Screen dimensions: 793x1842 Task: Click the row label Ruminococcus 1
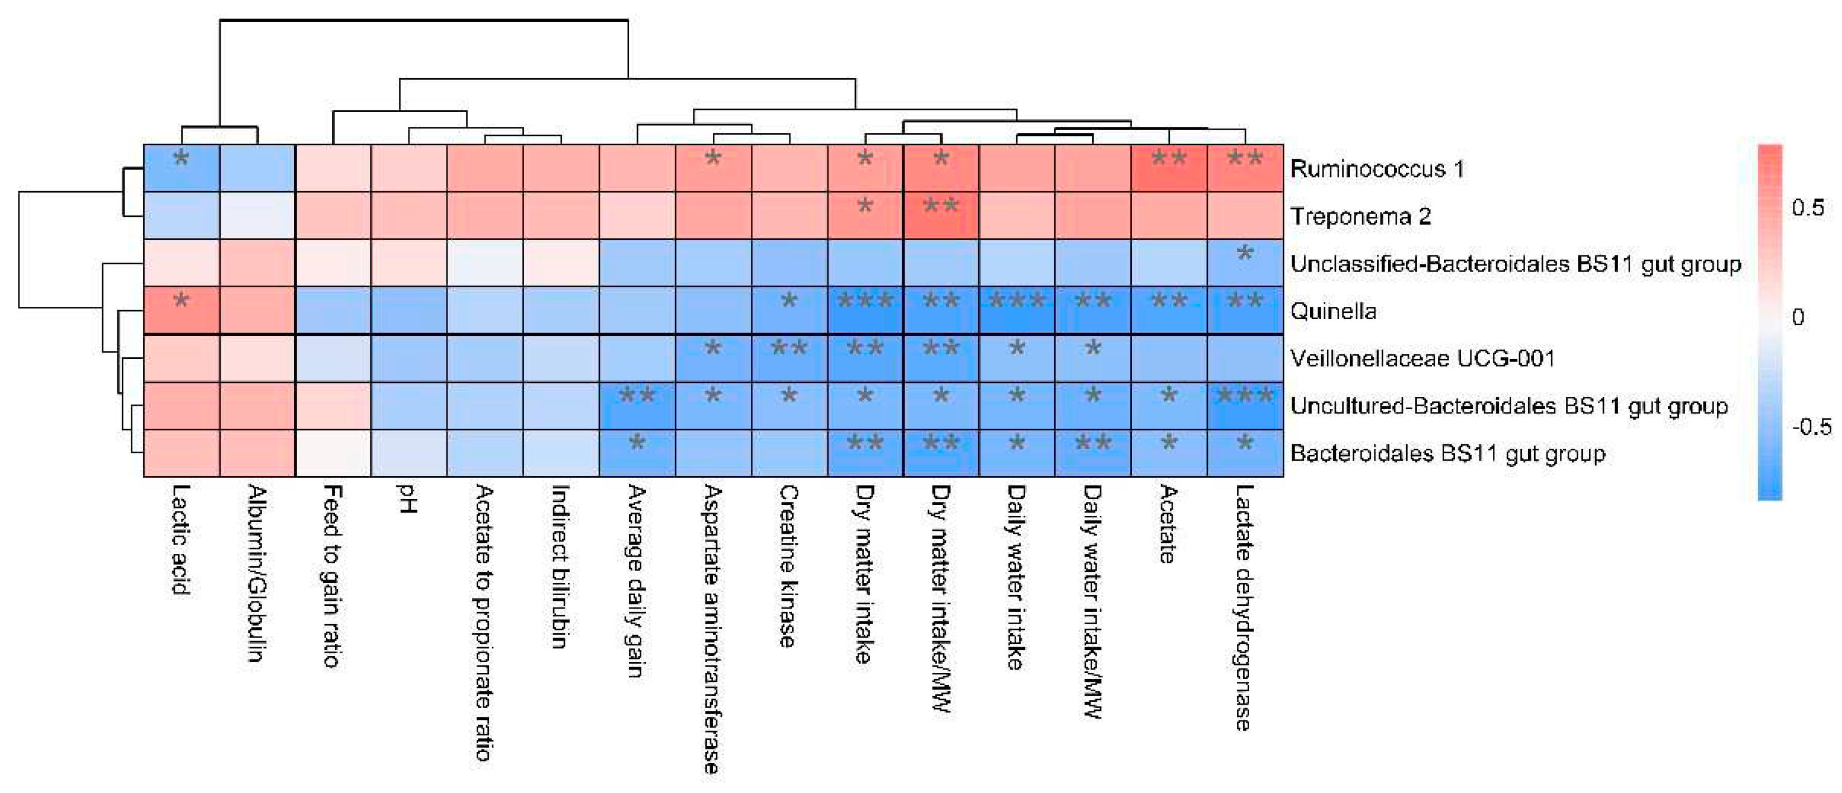coord(1377,169)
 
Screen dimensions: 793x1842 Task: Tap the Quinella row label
coord(1334,311)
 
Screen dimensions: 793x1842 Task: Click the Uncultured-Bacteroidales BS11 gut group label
coord(1510,406)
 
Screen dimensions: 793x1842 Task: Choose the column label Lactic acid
coord(180,540)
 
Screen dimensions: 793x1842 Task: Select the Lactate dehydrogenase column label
coord(1244,608)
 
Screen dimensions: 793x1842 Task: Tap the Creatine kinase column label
coord(788,566)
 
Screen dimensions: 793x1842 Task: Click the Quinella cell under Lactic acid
coord(182,310)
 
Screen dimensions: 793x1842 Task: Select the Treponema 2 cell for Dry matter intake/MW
coord(941,215)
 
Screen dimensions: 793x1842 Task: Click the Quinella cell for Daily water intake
coord(1017,310)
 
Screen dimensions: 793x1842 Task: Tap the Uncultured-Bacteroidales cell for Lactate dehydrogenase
coord(1245,405)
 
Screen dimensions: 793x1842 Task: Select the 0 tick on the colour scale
coord(1798,317)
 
